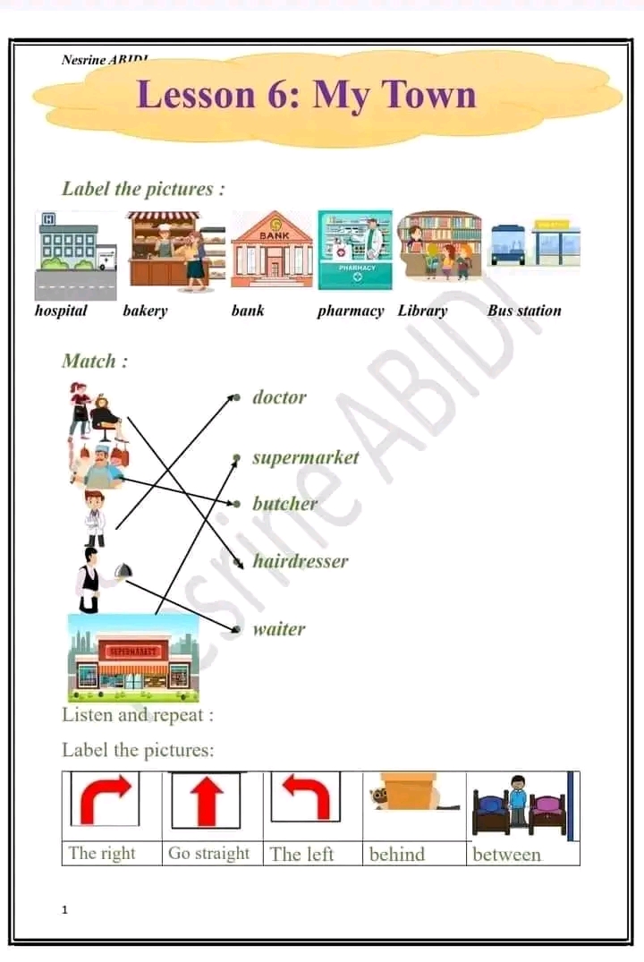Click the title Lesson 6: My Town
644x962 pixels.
tap(306, 94)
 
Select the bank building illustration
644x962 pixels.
tap(272, 251)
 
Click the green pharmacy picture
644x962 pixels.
tap(355, 251)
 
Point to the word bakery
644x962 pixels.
tap(145, 311)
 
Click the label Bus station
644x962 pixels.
tap(524, 311)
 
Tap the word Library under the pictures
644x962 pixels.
tap(422, 311)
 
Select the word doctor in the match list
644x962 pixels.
tap(279, 397)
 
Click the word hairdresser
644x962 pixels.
tap(300, 562)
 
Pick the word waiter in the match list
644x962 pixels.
tap(278, 628)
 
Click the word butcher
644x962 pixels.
tap(284, 504)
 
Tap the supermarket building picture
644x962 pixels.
tap(133, 658)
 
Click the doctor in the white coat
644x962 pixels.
tap(95, 518)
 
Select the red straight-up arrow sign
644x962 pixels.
tap(207, 799)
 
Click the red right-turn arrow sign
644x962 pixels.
tap(106, 798)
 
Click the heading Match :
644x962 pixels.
tap(94, 362)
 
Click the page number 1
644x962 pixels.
tap(65, 910)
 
